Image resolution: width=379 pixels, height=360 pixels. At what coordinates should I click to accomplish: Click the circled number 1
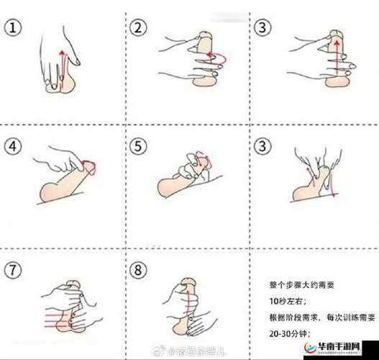[x=13, y=28]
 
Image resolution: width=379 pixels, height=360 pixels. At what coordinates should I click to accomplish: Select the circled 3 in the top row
[x=262, y=28]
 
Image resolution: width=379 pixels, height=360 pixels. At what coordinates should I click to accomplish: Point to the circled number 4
[x=13, y=147]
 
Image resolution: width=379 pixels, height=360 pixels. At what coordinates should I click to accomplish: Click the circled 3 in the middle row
[x=262, y=147]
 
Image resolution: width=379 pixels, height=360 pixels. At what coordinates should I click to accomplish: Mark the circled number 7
[x=13, y=271]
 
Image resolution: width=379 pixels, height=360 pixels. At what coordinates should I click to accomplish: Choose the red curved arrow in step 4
[x=90, y=167]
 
